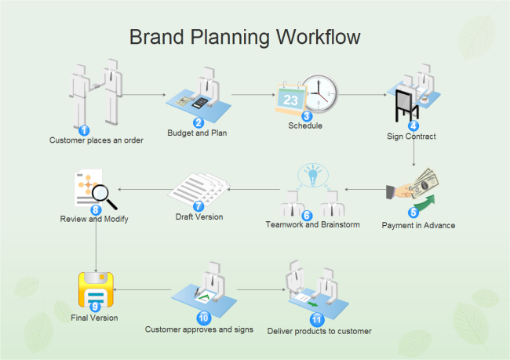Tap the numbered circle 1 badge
tap(84, 130)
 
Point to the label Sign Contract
tap(411, 136)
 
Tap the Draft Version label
tap(199, 216)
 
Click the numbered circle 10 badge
tap(204, 318)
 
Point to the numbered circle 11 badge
tap(316, 320)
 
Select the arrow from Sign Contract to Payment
tap(413, 154)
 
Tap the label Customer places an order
tap(86, 141)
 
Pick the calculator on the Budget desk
tap(199, 102)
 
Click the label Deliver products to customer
tap(319, 331)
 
